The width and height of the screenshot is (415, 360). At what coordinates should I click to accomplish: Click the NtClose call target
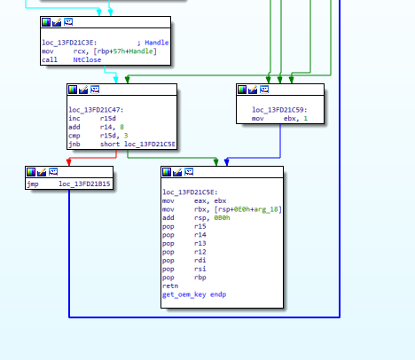point(87,59)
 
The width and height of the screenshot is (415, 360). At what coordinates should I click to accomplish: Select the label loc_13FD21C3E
point(69,43)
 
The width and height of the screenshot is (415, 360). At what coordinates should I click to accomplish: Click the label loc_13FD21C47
point(96,110)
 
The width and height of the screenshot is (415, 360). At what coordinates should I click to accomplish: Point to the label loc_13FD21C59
point(279,110)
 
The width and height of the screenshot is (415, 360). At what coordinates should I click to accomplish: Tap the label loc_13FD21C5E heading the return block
point(190,192)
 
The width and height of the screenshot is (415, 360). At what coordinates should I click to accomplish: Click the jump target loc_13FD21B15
point(84,184)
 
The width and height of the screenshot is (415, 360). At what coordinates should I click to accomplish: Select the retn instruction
point(170,286)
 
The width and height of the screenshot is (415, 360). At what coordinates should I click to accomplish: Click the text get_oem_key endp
point(194,294)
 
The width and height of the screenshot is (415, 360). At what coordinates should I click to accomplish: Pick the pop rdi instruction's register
point(200,261)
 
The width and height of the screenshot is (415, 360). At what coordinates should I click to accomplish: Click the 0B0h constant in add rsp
point(222,218)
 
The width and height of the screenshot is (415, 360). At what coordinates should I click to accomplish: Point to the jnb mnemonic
point(74,145)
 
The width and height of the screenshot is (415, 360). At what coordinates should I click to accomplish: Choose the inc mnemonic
point(74,119)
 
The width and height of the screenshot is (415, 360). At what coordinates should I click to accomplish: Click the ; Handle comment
point(153,43)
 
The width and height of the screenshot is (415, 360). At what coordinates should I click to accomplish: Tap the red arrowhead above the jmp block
point(69,162)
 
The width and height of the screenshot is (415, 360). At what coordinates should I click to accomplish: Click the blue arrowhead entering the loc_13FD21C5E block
point(227,162)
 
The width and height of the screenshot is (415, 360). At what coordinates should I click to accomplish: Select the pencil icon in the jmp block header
point(42,172)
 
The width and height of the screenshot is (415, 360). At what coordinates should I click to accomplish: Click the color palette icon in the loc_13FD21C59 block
point(242,90)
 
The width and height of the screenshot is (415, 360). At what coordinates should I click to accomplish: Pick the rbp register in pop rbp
point(200,278)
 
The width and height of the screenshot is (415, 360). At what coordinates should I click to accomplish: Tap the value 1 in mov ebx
point(306,119)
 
